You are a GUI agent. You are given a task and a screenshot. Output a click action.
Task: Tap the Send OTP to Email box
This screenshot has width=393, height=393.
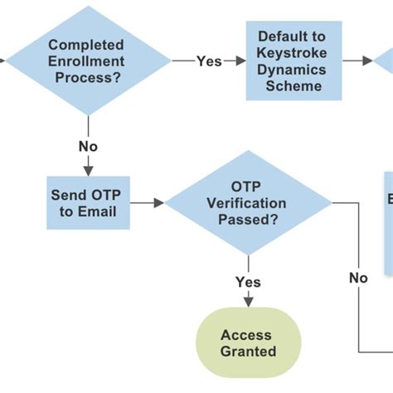pyautogui.click(x=87, y=202)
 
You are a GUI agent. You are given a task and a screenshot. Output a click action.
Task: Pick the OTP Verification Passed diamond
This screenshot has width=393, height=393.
pyautogui.click(x=248, y=202)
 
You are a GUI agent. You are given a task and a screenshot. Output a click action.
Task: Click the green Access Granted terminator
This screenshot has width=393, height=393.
pyautogui.click(x=247, y=342)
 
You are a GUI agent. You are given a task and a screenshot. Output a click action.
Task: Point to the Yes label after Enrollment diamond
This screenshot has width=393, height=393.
pyautogui.click(x=208, y=61)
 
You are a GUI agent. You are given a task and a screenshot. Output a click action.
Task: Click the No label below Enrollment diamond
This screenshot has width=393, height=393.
pyautogui.click(x=88, y=146)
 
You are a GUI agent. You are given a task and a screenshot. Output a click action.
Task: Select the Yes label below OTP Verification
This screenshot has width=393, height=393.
pyautogui.click(x=248, y=282)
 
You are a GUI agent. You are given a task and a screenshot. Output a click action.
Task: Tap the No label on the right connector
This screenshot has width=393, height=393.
pyautogui.click(x=358, y=278)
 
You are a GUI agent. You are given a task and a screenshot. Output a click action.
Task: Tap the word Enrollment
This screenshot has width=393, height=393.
pyautogui.click(x=85, y=61)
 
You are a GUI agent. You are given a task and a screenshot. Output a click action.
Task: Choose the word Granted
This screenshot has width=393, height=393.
pyautogui.click(x=248, y=351)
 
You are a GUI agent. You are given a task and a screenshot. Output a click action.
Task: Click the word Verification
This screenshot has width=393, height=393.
pyautogui.click(x=248, y=203)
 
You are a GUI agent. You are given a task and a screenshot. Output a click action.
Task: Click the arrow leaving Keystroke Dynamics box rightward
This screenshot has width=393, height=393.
pyautogui.click(x=359, y=61)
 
